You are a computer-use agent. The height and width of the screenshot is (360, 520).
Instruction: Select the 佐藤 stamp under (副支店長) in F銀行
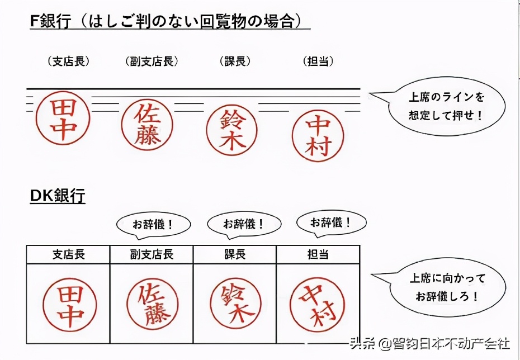point(147,125)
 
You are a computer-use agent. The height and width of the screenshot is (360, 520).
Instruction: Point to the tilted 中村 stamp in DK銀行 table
point(318,305)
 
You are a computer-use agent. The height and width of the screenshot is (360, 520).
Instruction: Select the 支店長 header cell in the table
point(68,254)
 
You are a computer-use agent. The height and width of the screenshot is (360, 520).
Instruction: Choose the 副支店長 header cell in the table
point(152,254)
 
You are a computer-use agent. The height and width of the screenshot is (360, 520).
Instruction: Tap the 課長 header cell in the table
point(234,254)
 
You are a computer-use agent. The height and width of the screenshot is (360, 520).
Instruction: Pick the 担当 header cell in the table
point(318,254)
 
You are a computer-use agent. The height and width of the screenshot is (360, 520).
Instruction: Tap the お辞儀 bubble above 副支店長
point(153,225)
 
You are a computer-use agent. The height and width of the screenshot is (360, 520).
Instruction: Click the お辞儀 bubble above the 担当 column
point(331,222)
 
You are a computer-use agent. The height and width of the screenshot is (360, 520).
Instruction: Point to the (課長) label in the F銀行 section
point(234,61)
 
